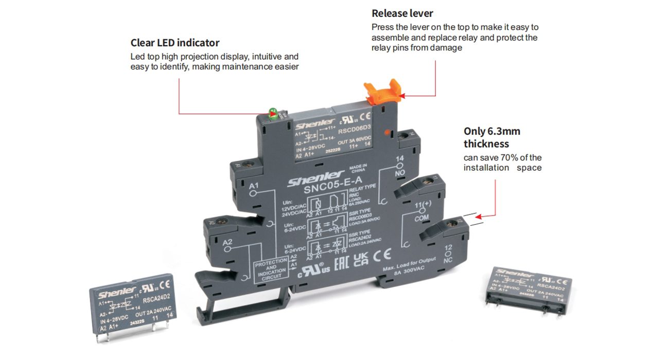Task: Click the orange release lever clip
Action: point(383,93)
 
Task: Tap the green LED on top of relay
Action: point(273,115)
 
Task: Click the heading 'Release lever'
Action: point(402,13)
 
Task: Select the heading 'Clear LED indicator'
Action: point(175,43)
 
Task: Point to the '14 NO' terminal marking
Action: point(400,167)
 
